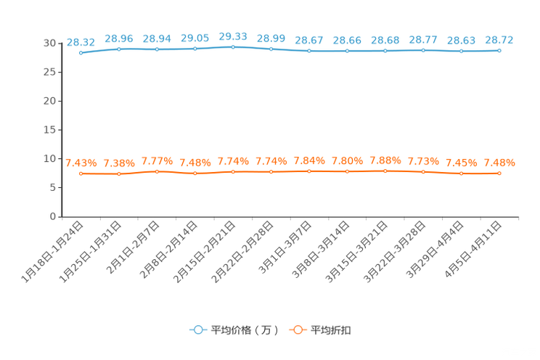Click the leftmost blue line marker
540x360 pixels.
[x=81, y=53]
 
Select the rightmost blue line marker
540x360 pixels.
[x=499, y=51]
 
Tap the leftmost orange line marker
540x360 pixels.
[x=81, y=173]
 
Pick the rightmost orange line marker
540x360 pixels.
[x=499, y=173]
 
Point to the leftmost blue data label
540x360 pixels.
[x=79, y=42]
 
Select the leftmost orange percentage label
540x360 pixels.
[x=81, y=162]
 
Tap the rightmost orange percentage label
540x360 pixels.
[x=500, y=161]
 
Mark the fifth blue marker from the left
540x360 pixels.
[x=233, y=46]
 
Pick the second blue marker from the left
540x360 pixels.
[x=119, y=49]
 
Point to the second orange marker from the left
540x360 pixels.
[x=119, y=173]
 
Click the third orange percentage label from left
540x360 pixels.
[x=157, y=160]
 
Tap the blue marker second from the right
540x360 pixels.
[x=461, y=51]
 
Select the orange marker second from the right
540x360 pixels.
[x=461, y=173]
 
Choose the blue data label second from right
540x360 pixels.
[x=462, y=40]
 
